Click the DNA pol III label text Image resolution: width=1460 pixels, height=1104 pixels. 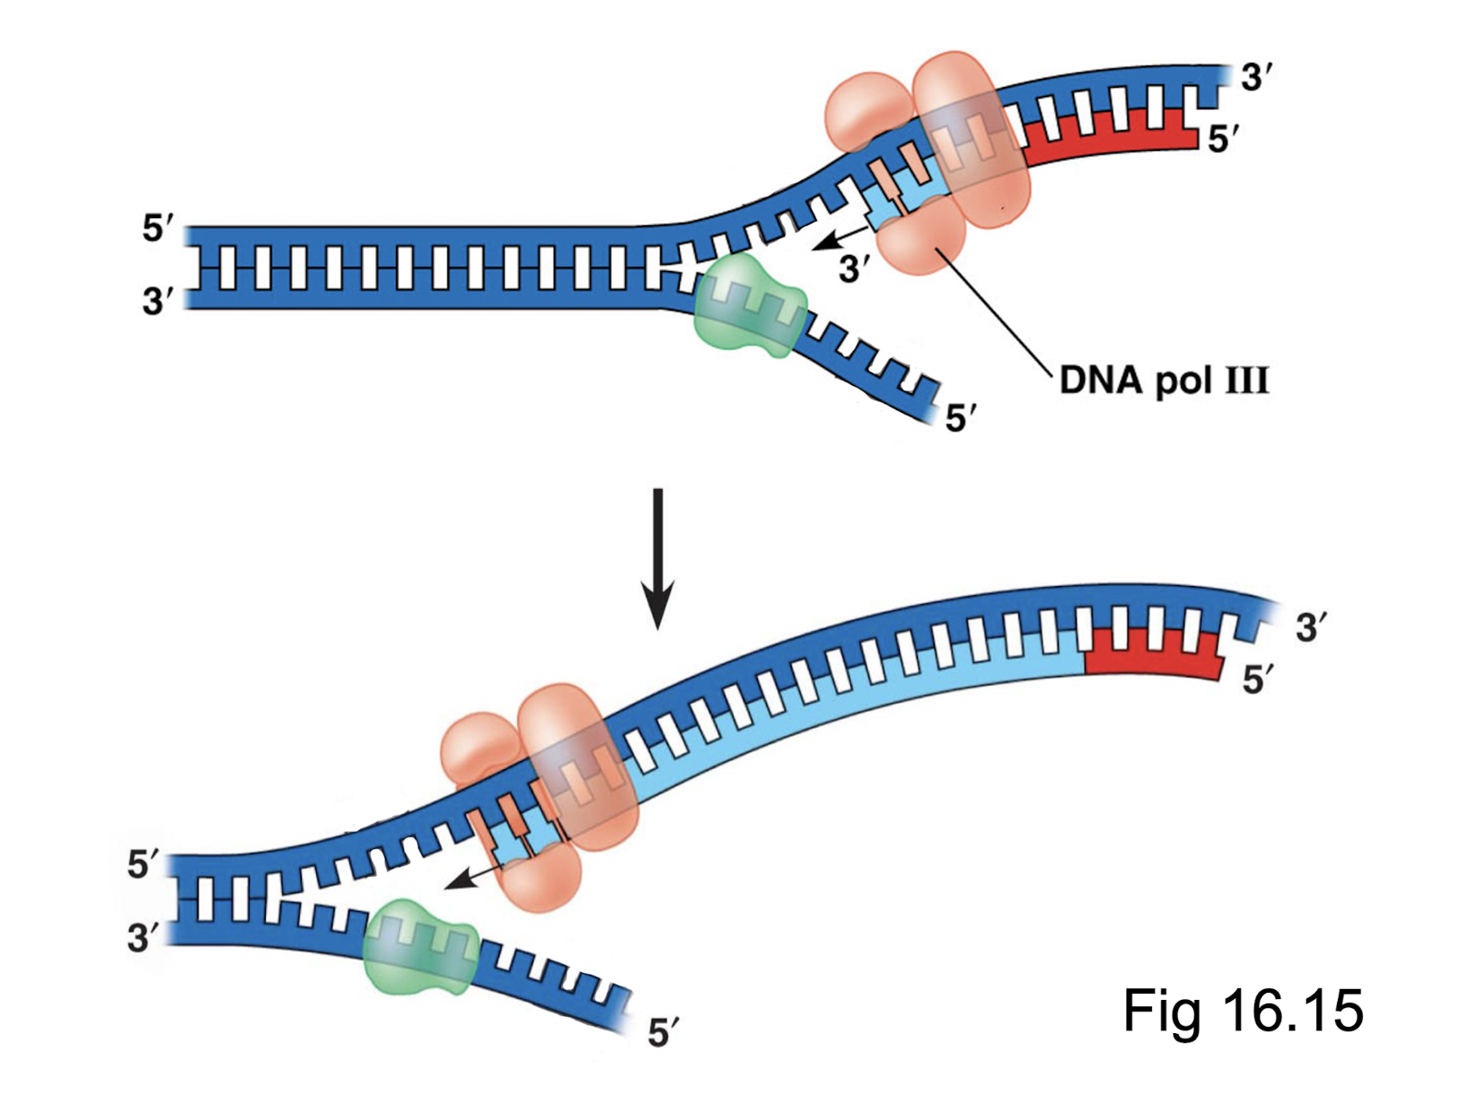click(x=1164, y=381)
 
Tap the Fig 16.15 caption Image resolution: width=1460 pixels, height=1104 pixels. click(x=1243, y=1010)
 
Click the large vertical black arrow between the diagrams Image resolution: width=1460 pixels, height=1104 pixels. click(x=657, y=556)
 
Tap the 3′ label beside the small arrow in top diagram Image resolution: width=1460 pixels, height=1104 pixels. click(x=854, y=268)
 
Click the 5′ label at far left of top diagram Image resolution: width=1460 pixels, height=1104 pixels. click(x=158, y=229)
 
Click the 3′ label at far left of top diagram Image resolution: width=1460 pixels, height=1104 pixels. click(x=158, y=301)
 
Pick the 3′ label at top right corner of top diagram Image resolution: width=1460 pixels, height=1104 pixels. click(x=1256, y=78)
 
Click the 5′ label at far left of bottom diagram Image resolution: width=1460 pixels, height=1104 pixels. click(x=143, y=864)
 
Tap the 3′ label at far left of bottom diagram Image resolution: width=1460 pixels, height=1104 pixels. click(x=143, y=938)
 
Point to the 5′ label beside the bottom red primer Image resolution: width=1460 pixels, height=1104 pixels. click(x=1258, y=680)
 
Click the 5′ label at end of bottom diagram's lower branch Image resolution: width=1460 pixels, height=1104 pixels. click(x=663, y=1033)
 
